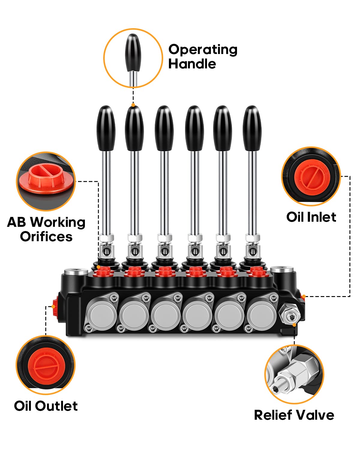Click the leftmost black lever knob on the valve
[x=106, y=128]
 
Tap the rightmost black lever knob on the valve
[x=252, y=128]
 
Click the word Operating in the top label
[x=203, y=49]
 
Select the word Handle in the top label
[x=192, y=64]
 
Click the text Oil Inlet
[x=311, y=217]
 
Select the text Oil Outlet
[x=46, y=406]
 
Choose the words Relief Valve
[x=294, y=415]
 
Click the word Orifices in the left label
[x=46, y=237]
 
